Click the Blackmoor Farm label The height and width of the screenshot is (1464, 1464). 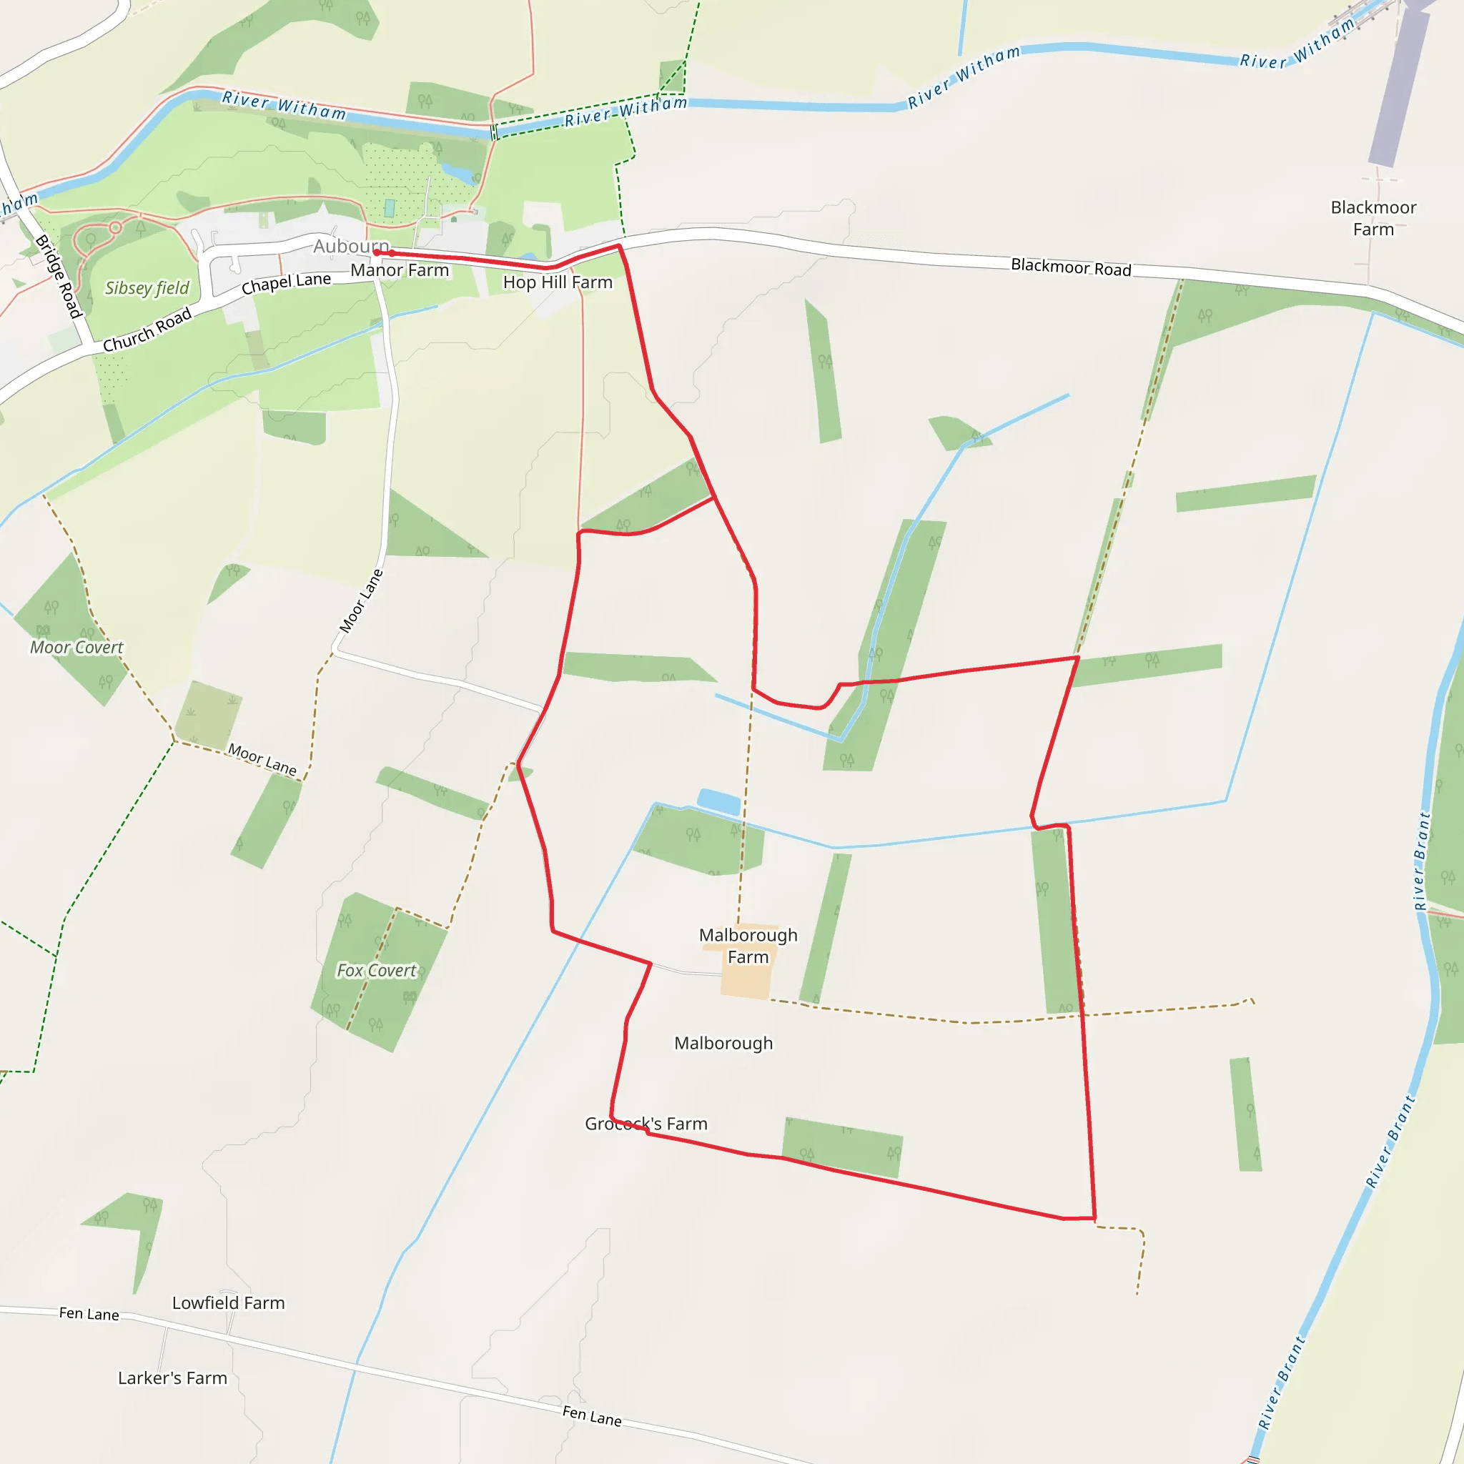tap(1373, 218)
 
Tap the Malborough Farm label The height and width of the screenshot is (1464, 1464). tap(748, 946)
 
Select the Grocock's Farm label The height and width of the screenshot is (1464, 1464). tap(646, 1124)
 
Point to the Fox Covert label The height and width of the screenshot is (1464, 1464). tap(377, 971)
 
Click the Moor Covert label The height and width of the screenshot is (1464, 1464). tap(76, 647)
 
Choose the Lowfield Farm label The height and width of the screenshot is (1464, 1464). tap(228, 1302)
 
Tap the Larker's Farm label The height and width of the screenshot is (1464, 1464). tap(173, 1378)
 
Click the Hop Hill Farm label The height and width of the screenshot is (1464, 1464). tap(558, 282)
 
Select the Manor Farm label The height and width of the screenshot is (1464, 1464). tap(400, 270)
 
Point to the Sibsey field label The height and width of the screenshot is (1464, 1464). tap(147, 288)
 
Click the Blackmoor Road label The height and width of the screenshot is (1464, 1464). tap(1071, 267)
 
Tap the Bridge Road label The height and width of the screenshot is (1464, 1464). tap(59, 277)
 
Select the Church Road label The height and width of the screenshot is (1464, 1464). tap(147, 330)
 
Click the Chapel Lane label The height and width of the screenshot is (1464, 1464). tap(287, 282)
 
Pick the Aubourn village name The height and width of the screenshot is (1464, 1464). tap(351, 247)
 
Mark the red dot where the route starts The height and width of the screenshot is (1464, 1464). tap(377, 252)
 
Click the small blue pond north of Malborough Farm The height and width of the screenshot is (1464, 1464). tap(718, 803)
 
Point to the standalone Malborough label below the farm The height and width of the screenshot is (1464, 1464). tap(723, 1044)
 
